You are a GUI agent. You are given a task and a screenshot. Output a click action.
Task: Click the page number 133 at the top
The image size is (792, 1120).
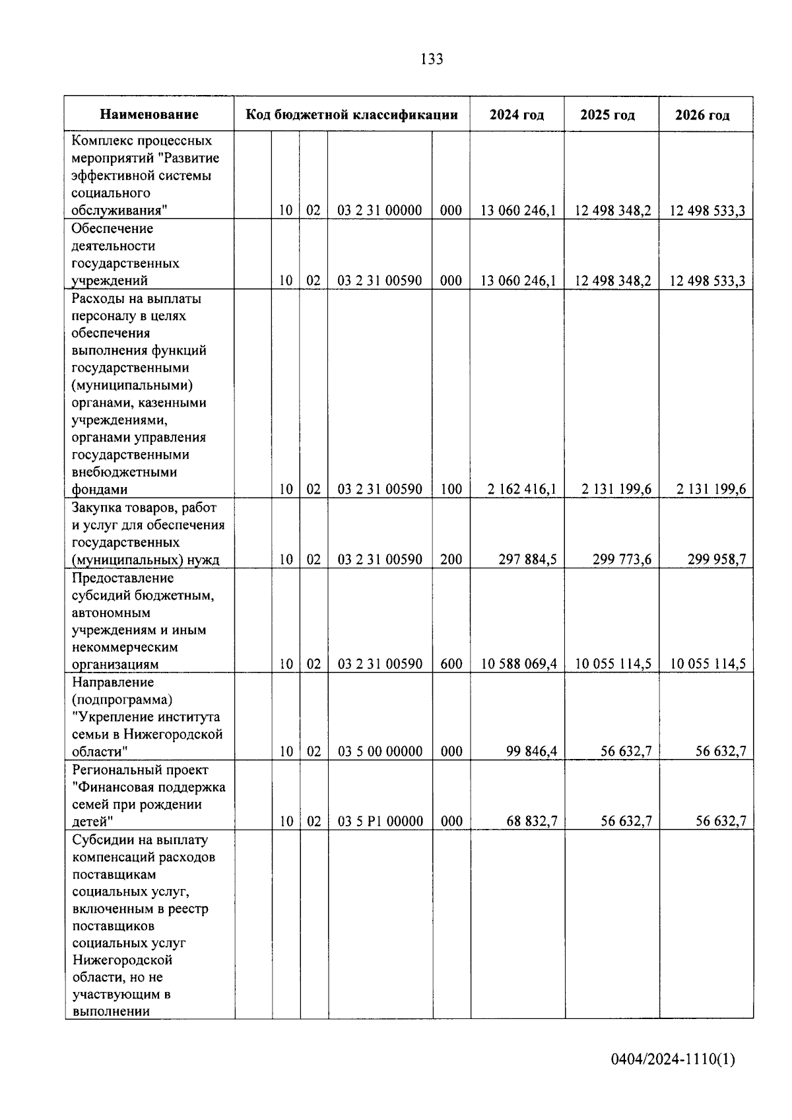(431, 59)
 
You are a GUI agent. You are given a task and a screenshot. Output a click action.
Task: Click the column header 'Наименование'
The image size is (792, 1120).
(149, 115)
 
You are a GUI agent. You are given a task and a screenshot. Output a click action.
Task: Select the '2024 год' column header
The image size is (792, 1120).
(517, 115)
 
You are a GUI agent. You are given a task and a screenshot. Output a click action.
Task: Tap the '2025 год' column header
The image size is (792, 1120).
(607, 115)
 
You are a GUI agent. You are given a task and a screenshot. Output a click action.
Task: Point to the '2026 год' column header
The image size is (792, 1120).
(702, 115)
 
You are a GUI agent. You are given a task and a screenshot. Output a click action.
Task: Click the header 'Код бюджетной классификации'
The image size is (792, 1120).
(352, 115)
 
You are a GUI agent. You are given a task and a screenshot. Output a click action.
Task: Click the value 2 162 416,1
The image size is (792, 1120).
(521, 489)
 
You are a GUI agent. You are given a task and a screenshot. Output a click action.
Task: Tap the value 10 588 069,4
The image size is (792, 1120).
(519, 664)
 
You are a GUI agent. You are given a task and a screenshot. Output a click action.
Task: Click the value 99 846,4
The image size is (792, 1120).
(531, 751)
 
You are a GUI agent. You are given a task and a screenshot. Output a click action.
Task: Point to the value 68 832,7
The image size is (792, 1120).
(531, 821)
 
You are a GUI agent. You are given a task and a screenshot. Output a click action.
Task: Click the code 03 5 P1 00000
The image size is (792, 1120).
(380, 821)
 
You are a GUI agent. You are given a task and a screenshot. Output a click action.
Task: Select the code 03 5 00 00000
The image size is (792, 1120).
(380, 751)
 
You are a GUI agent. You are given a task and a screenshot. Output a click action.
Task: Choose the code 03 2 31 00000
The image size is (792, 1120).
(380, 211)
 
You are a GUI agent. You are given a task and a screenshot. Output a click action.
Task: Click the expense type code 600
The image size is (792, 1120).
(451, 664)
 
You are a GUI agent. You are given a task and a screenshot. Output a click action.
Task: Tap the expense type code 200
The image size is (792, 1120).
(451, 560)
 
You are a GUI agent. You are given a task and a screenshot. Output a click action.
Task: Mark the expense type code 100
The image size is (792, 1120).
(451, 489)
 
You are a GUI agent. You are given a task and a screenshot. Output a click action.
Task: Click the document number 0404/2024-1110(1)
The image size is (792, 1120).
(673, 1060)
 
